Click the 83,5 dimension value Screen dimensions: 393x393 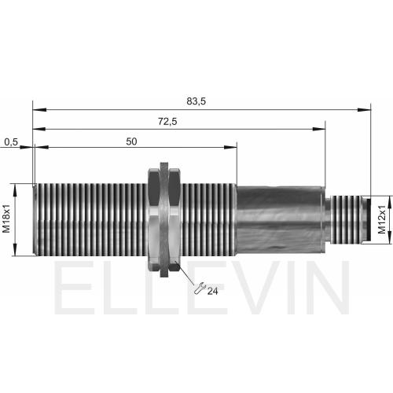(x=196, y=101)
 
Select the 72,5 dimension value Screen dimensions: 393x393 (x=167, y=122)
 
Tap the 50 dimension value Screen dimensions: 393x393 (x=131, y=141)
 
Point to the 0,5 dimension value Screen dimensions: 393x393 (x=11, y=142)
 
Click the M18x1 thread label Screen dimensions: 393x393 (x=6, y=219)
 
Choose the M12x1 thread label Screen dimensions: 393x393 (x=382, y=219)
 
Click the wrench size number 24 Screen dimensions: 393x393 (x=212, y=291)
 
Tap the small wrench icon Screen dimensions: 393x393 (x=200, y=288)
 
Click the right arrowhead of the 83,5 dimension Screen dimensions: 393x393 (x=364, y=109)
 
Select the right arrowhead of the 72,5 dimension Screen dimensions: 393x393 (x=318, y=129)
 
